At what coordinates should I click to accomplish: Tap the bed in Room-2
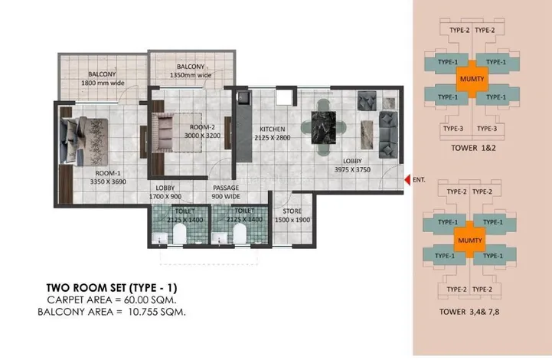(167, 129)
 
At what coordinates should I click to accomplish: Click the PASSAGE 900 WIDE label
(226, 191)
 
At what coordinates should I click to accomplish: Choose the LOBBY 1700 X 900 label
(167, 191)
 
